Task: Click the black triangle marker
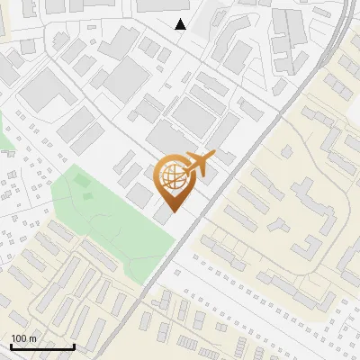pos(181,24)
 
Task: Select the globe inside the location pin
pos(171,175)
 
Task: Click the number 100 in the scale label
pos(20,339)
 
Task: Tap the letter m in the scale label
pos(33,339)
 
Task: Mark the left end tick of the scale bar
pos(11,346)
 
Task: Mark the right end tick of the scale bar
pos(74,346)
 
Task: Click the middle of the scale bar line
pos(42,347)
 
